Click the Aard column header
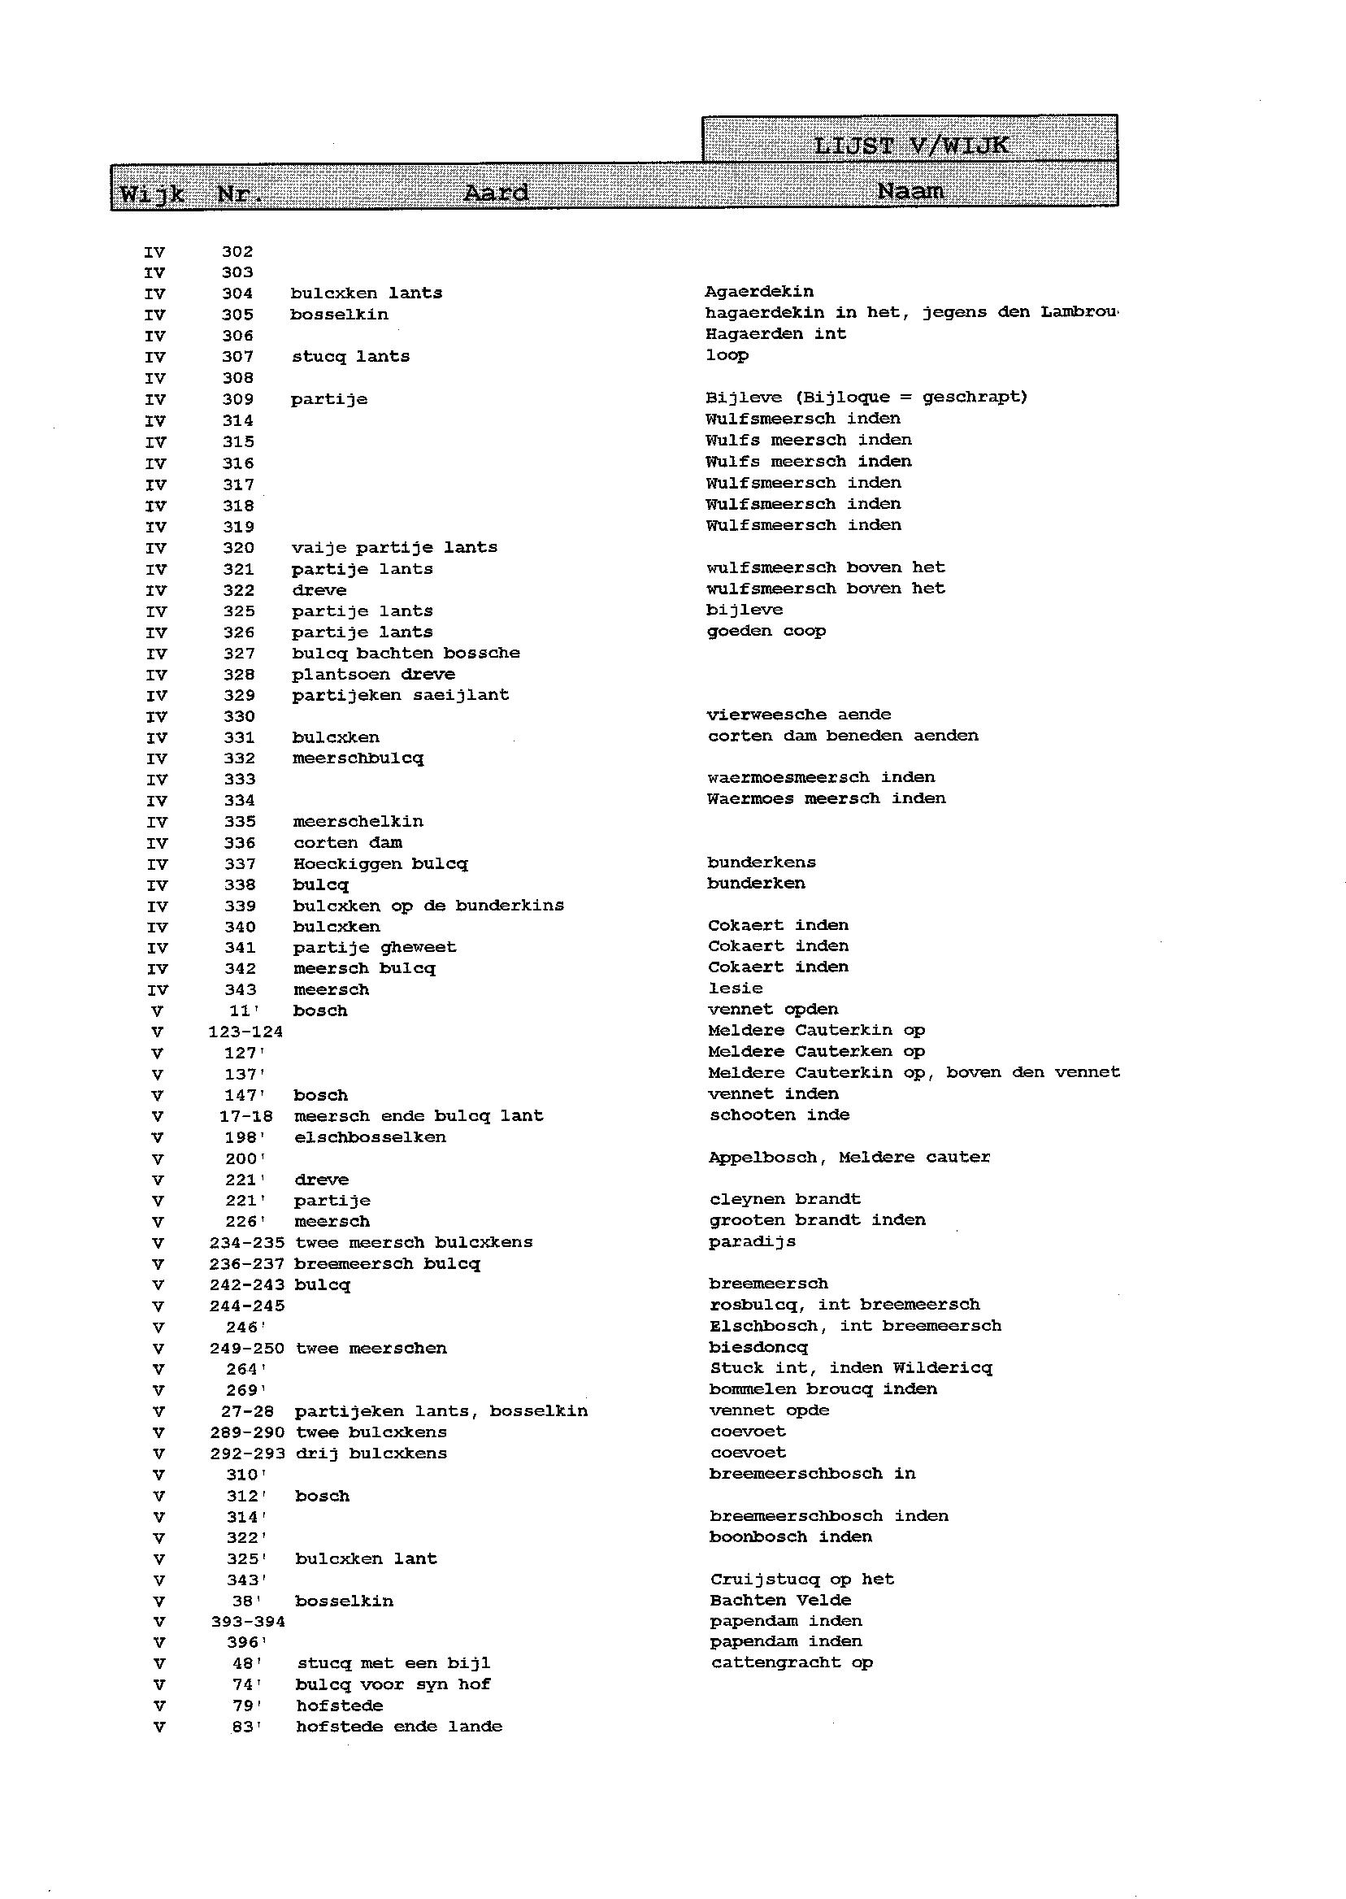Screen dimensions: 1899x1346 pos(496,193)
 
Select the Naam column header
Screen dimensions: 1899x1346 pos(910,192)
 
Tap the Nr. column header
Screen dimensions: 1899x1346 pos(241,194)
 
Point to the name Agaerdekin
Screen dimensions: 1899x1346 pos(759,292)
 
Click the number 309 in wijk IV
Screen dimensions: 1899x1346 pos(238,399)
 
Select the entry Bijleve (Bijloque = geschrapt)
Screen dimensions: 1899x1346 pos(866,397)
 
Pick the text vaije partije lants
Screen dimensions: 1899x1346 pos(394,547)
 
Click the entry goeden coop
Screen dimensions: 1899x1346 pos(766,631)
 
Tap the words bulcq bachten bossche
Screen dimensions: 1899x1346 pos(406,653)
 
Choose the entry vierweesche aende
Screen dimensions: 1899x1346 pos(799,715)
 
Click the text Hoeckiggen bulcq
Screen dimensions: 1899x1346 pos(380,863)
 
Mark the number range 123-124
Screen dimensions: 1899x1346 pos(245,1032)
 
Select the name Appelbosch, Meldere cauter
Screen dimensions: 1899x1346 pos(849,1157)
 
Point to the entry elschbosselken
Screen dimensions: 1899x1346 pos(371,1137)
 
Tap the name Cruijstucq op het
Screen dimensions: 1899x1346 pos(802,1579)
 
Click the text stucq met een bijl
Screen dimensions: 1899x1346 pos(393,1662)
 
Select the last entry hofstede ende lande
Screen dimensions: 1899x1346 pos(399,1727)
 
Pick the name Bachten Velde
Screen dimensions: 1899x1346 pos(781,1600)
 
